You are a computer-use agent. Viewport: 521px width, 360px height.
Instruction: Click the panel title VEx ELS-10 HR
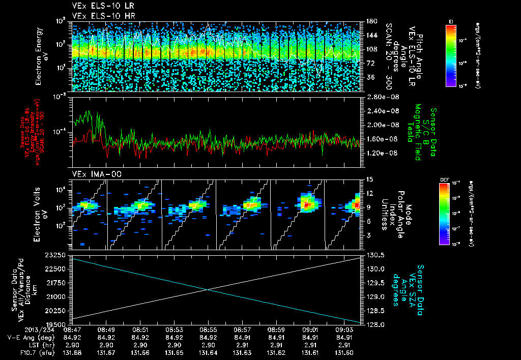coord(97,16)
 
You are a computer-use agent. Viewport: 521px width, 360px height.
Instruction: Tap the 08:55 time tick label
coord(208,329)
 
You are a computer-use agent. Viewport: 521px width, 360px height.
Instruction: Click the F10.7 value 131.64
coord(208,352)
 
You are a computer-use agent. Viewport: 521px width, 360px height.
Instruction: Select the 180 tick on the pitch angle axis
coord(370,21)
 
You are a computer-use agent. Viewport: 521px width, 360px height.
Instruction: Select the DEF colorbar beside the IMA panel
coord(444,214)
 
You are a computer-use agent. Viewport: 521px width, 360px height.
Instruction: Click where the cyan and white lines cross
coord(208,289)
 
